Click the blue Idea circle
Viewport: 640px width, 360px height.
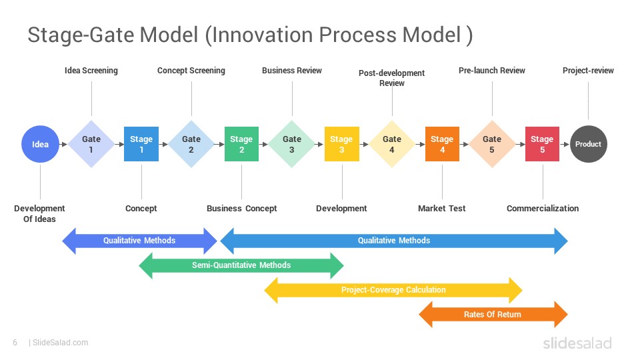tap(41, 144)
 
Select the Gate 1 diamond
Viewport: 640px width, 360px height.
tap(91, 144)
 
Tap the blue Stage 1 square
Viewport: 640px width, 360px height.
tap(141, 144)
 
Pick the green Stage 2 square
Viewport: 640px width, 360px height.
tap(241, 144)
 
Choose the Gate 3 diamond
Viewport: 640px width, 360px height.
tap(292, 144)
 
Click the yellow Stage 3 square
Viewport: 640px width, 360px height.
tap(341, 144)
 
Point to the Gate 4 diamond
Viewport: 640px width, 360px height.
tap(392, 144)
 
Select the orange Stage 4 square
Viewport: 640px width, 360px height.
tap(442, 144)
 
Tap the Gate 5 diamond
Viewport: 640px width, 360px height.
tap(492, 144)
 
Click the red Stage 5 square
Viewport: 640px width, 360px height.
tap(542, 144)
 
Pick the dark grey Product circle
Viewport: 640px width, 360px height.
tap(589, 144)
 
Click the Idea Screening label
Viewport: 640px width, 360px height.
tap(91, 71)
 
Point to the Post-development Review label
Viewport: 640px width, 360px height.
tap(392, 78)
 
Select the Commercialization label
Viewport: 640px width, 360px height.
tap(543, 209)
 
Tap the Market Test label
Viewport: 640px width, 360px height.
tap(442, 209)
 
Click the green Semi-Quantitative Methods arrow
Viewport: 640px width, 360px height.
tap(241, 265)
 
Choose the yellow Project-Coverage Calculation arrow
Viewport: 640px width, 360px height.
tap(393, 290)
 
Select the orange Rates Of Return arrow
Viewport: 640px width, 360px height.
tap(493, 315)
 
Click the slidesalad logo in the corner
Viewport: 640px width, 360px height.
tap(577, 343)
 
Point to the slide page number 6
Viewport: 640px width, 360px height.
tap(15, 343)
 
